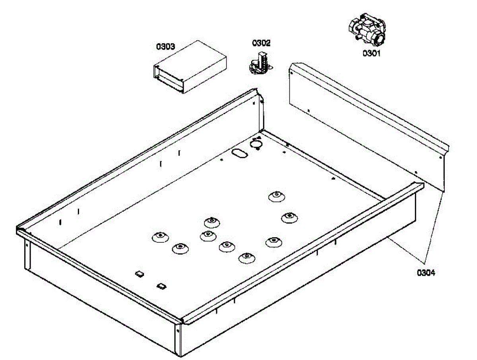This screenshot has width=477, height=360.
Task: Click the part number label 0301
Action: [x=371, y=53]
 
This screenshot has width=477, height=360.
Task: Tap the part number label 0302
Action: [x=261, y=43]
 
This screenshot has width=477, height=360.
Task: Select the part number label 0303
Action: [x=165, y=46]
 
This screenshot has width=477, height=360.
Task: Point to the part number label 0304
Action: [x=426, y=273]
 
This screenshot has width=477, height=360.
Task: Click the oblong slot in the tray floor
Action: [x=238, y=153]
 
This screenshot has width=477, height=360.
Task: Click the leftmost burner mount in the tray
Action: [x=159, y=237]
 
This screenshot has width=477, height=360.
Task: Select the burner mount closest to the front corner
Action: [x=246, y=258]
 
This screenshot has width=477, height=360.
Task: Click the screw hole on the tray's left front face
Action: [x=27, y=246]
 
